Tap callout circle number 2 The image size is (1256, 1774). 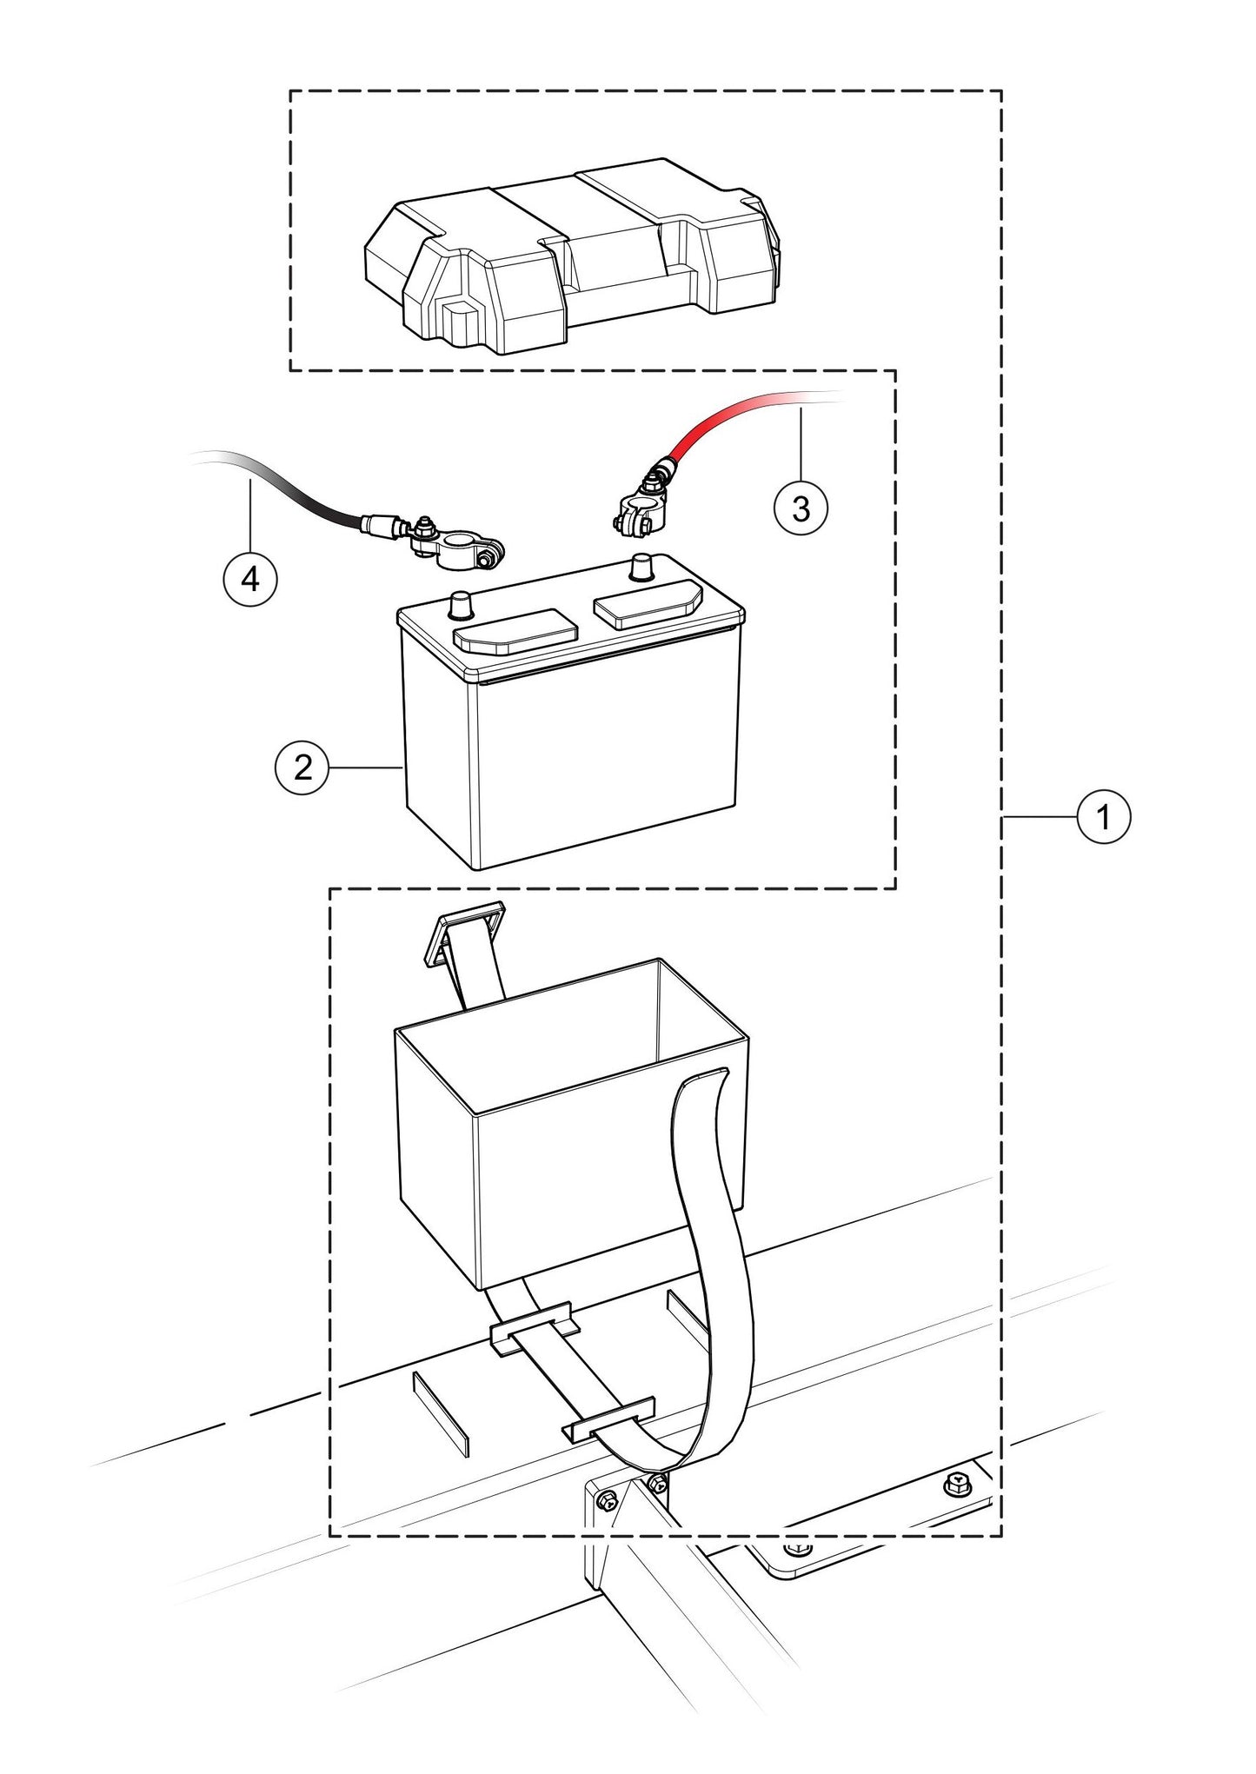[x=302, y=767]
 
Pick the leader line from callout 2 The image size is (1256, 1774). [x=365, y=767]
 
